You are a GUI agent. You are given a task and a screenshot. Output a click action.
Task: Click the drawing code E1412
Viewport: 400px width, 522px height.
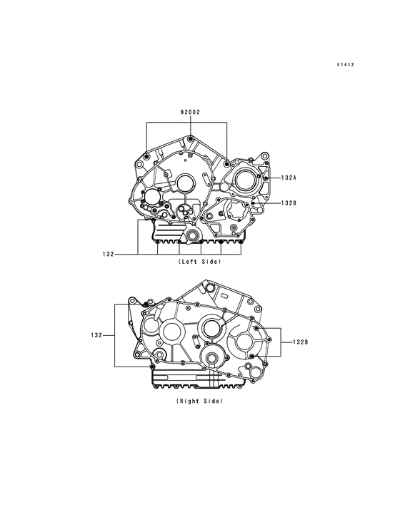345,65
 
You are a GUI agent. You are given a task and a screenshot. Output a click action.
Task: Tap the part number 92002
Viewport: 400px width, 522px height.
190,112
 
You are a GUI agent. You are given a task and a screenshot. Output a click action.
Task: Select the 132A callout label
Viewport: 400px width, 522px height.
289,178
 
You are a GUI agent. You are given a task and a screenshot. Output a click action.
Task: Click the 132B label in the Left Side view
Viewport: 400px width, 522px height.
289,203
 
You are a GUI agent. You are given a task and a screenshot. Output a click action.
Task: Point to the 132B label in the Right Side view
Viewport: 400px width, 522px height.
300,342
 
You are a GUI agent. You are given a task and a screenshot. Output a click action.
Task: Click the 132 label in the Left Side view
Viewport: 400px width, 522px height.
108,255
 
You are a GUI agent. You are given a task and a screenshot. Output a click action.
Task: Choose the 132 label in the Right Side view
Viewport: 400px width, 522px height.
96,335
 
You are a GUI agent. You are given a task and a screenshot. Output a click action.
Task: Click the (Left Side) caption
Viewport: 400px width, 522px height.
200,262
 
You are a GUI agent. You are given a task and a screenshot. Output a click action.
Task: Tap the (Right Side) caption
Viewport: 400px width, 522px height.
200,401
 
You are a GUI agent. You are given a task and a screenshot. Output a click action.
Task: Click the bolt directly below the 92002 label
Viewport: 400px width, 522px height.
190,139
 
